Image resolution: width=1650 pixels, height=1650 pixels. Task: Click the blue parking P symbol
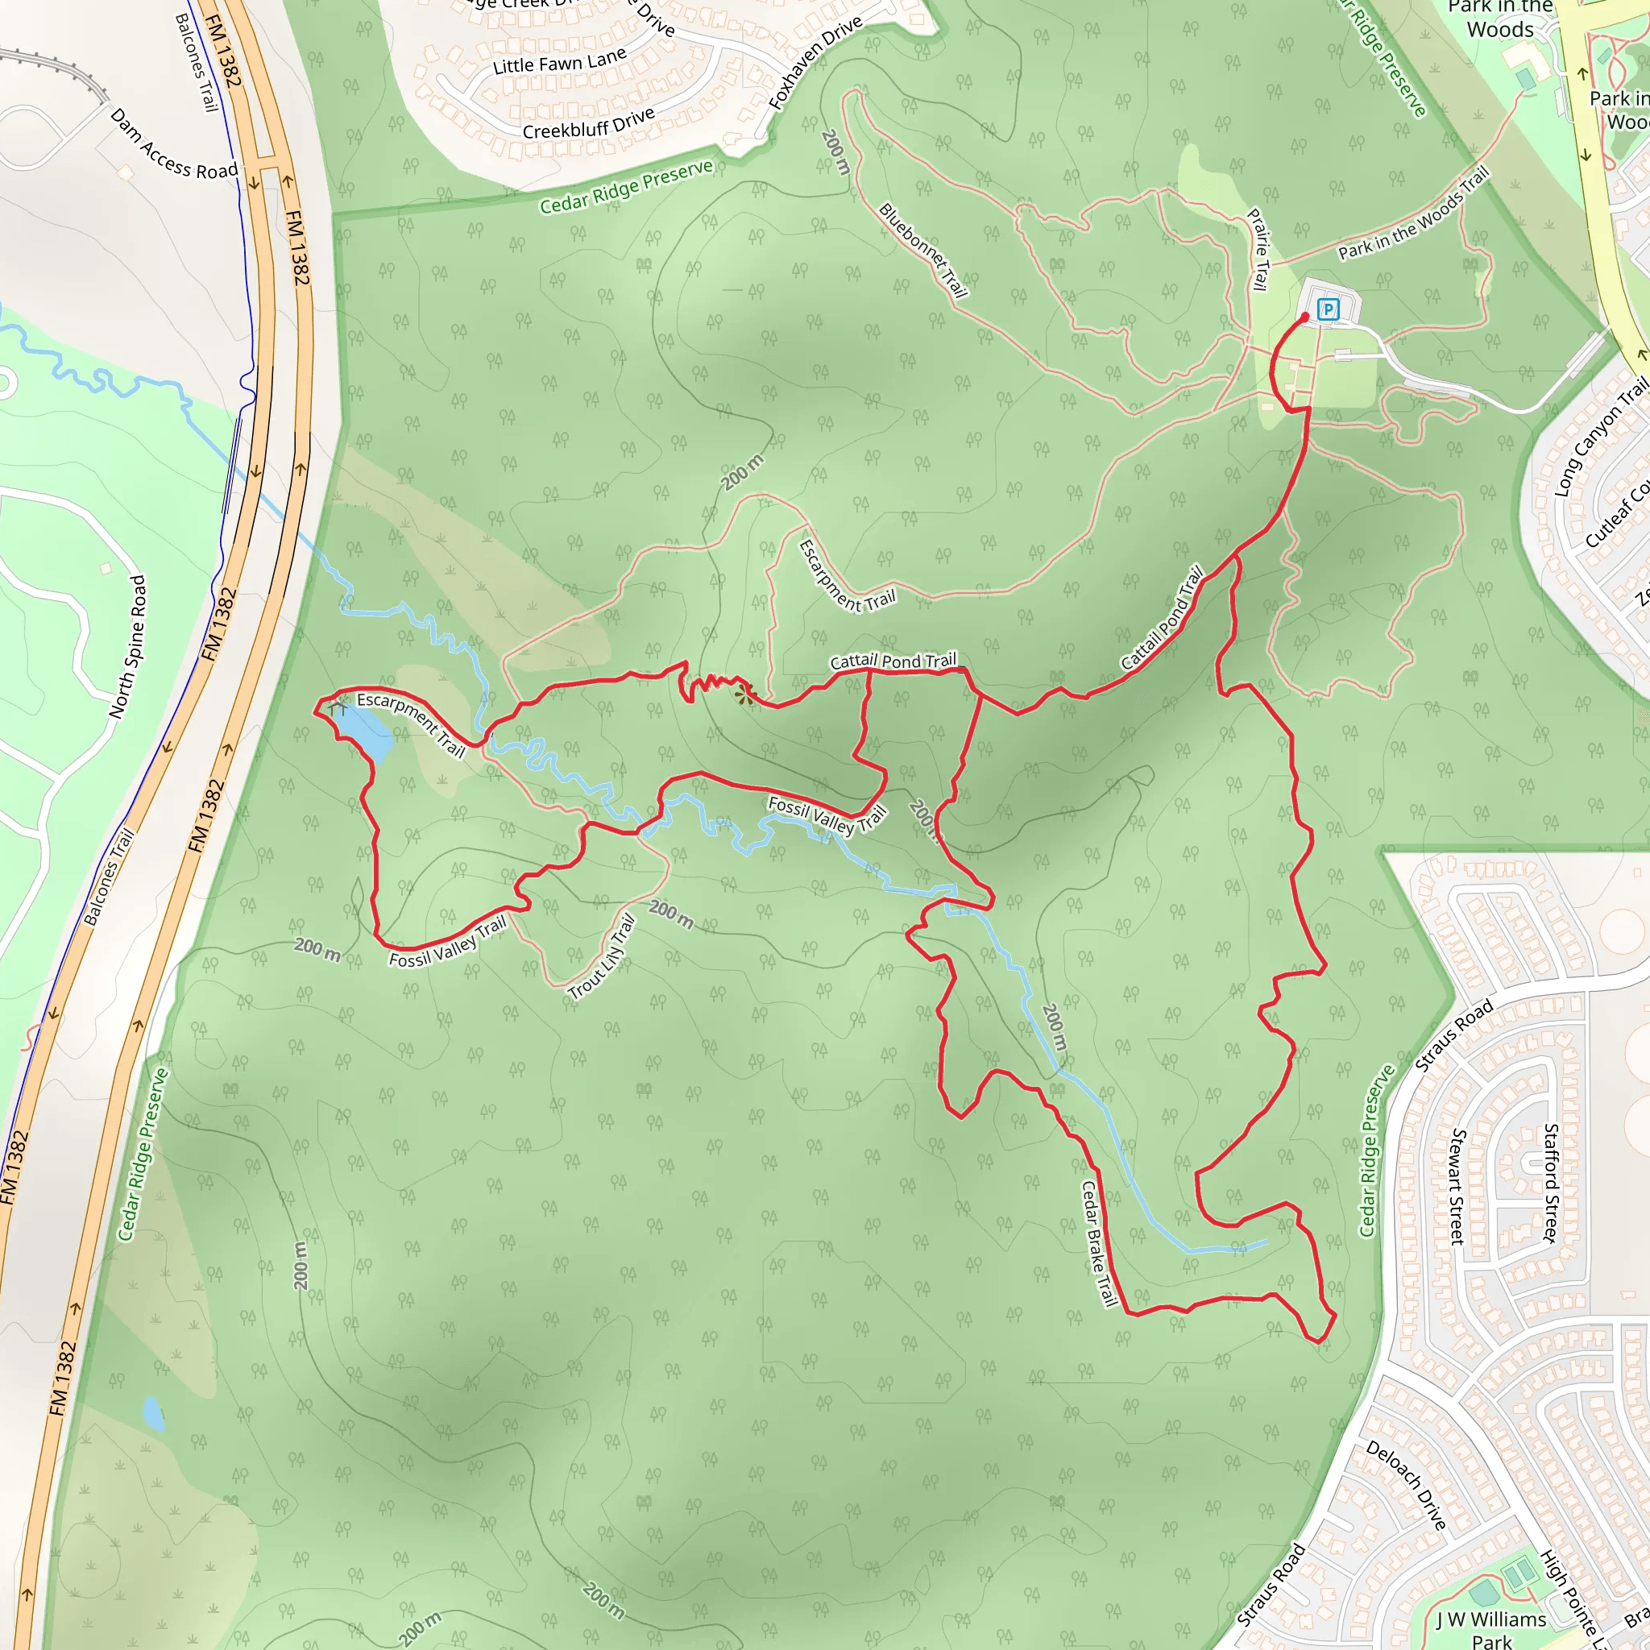[x=1327, y=309]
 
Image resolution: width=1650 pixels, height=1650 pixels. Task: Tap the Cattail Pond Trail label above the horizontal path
[x=893, y=661]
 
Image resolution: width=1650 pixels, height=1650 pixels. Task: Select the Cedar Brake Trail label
[x=1099, y=1243]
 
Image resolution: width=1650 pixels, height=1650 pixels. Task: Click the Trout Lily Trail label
[x=602, y=956]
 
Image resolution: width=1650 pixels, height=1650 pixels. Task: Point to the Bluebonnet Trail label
[x=923, y=251]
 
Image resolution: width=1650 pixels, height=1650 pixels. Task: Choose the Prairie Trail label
[x=1258, y=250]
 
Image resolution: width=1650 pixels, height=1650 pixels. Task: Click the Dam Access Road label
[x=174, y=144]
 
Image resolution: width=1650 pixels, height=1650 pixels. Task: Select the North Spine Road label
[x=127, y=646]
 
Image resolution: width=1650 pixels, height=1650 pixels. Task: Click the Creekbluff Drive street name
[x=588, y=124]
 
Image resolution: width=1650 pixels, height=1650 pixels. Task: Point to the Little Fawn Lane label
[x=559, y=61]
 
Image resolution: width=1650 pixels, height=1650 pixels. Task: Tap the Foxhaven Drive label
[x=815, y=63]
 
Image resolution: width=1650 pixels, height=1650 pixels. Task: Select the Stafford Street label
[x=1551, y=1183]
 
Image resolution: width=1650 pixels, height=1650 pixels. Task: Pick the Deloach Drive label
[x=1406, y=1485]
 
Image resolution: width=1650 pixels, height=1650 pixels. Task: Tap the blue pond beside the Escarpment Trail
[x=365, y=730]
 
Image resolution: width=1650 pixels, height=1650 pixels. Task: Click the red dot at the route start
[x=1304, y=317]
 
